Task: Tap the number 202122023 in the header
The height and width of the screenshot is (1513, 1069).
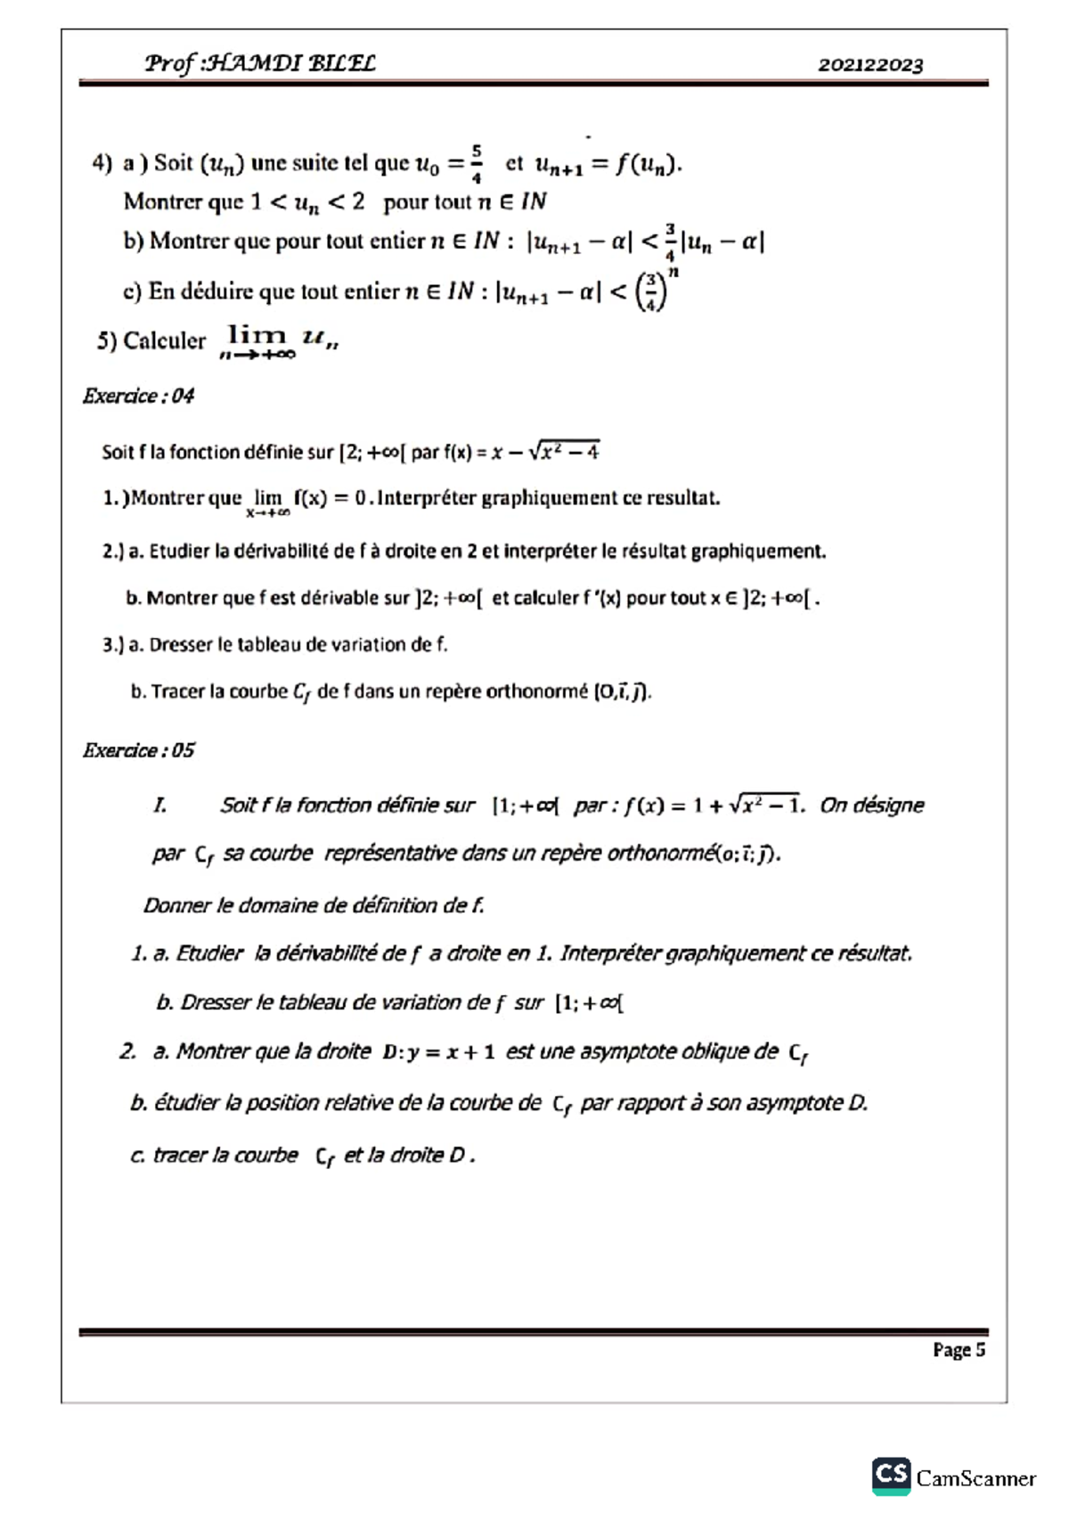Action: [870, 65]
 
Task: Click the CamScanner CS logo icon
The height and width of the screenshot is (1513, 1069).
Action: [891, 1476]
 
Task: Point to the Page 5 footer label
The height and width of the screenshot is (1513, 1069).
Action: [959, 1350]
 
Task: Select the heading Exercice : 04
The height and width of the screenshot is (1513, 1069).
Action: [138, 396]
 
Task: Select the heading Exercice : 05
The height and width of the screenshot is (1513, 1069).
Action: [138, 750]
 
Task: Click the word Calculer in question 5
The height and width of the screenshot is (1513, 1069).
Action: [164, 341]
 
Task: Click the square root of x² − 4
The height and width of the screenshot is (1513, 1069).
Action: [564, 451]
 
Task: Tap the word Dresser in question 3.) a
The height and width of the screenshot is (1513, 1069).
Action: [180, 644]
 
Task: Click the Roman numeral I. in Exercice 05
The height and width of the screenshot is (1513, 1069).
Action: [160, 806]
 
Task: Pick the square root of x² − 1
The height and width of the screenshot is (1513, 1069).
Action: [765, 805]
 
